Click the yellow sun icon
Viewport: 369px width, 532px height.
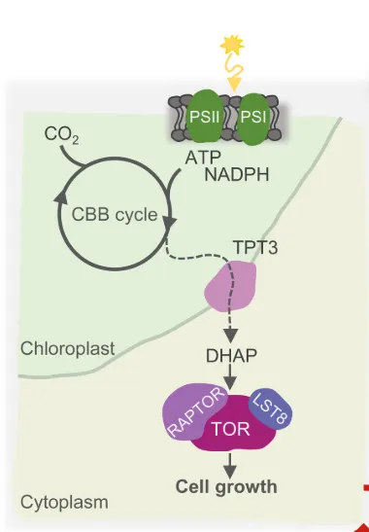click(x=232, y=45)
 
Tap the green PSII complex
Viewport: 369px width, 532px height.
click(x=204, y=117)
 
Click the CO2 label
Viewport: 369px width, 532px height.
click(x=62, y=135)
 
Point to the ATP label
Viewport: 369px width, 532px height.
click(x=203, y=158)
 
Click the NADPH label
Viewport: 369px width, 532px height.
click(x=237, y=175)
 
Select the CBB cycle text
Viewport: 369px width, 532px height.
click(x=115, y=214)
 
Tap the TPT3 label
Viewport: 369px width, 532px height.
click(x=255, y=247)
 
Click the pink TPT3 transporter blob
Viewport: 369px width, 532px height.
click(x=230, y=286)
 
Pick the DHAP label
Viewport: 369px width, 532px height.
click(x=231, y=355)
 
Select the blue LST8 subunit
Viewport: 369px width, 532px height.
click(x=271, y=408)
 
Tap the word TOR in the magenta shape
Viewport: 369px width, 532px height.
click(x=231, y=429)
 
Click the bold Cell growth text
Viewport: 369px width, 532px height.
click(x=226, y=487)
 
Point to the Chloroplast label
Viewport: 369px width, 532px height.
click(x=67, y=348)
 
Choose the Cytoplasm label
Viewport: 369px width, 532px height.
click(x=64, y=502)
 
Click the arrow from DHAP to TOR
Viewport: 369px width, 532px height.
click(x=230, y=377)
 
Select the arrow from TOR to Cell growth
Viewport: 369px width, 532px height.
click(x=230, y=466)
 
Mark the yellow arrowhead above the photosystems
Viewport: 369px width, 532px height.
click(x=234, y=85)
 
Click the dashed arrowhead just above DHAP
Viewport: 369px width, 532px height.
click(x=231, y=336)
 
